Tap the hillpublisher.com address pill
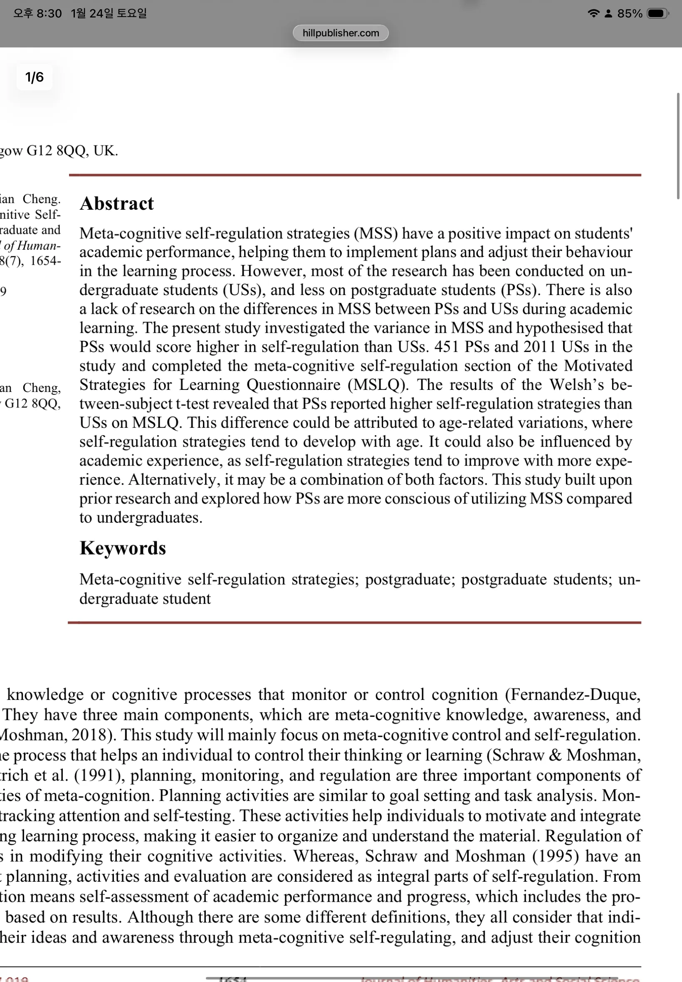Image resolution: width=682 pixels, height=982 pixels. click(x=341, y=33)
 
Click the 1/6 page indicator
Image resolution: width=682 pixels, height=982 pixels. click(x=34, y=77)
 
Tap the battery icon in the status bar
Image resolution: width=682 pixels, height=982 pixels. click(x=657, y=14)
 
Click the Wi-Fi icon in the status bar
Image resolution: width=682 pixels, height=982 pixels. click(x=593, y=14)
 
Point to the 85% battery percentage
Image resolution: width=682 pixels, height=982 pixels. click(x=630, y=14)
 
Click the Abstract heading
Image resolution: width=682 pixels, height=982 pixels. click(x=117, y=203)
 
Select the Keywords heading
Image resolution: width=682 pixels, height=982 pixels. click(x=123, y=548)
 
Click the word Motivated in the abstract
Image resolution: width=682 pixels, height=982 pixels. click(x=598, y=366)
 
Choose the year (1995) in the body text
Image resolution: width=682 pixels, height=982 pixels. click(x=556, y=856)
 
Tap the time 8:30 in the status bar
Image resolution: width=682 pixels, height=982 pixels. click(x=49, y=14)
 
